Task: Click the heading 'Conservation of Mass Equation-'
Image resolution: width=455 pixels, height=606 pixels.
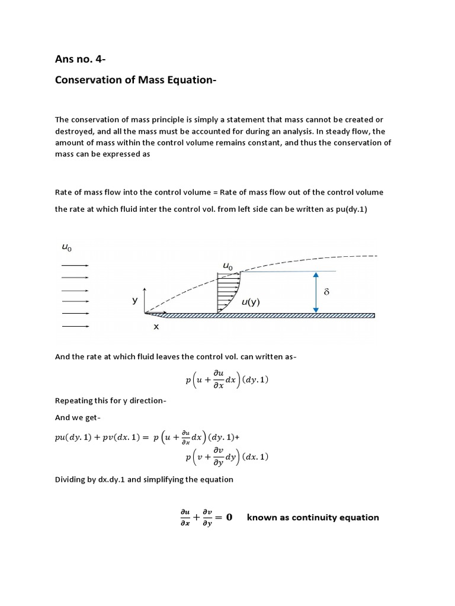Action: pos(136,79)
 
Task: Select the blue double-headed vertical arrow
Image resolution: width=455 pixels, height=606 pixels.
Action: pos(316,292)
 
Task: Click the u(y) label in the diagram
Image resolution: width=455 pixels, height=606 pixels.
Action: pos(251,302)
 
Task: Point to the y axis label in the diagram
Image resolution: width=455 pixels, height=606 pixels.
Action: pos(134,300)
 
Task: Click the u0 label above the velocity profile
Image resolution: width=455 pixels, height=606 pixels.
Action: pos(227,266)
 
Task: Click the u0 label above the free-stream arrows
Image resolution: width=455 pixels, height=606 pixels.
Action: pos(66,248)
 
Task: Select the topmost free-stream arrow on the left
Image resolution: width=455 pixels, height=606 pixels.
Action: pos(75,266)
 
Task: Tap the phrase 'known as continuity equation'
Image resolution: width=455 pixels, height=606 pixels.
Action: pos(313,517)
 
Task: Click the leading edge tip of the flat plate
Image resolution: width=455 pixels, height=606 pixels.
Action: pos(146,313)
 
